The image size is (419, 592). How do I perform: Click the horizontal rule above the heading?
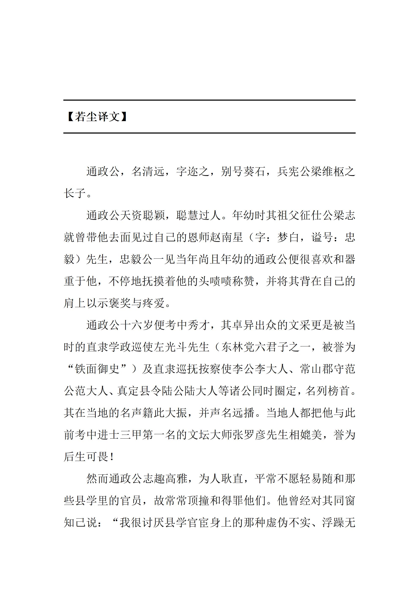209,100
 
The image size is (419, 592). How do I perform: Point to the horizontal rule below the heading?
209,133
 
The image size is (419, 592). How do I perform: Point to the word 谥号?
322,237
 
